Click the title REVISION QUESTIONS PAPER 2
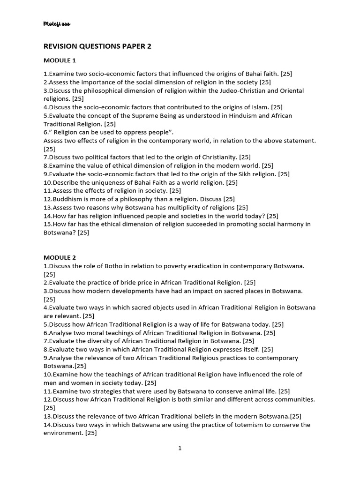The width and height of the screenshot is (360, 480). pyautogui.click(x=97, y=46)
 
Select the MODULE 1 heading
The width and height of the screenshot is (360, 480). pyautogui.click(x=60, y=60)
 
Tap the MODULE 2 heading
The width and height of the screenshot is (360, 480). pyautogui.click(x=60, y=257)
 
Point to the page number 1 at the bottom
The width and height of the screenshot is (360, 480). pyautogui.click(x=180, y=448)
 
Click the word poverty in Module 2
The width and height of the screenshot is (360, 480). pyautogui.click(x=159, y=266)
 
